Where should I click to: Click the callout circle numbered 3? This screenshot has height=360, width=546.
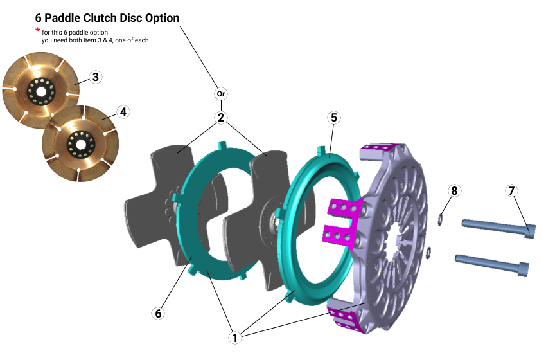click(x=95, y=78)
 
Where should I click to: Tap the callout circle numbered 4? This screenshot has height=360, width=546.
click(x=123, y=111)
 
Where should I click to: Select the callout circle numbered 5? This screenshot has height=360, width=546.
click(x=333, y=118)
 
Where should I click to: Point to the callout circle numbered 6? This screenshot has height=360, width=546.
click(x=158, y=313)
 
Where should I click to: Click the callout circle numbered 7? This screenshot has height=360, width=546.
click(x=511, y=191)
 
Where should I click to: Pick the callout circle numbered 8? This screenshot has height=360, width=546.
click(x=454, y=191)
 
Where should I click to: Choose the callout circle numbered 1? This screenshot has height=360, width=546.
click(x=234, y=336)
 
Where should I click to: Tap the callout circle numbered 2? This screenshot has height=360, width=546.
click(x=221, y=118)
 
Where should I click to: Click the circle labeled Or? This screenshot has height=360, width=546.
click(x=221, y=94)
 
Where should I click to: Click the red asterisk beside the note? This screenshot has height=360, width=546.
click(x=37, y=31)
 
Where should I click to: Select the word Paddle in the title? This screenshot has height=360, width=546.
click(x=64, y=17)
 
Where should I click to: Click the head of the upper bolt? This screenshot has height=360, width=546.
click(x=529, y=230)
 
